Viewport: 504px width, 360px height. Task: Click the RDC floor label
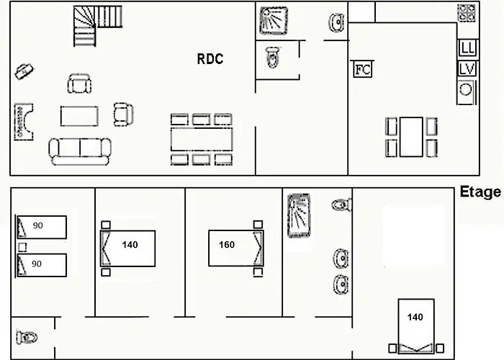(210, 59)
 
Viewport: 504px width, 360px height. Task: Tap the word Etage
(480, 192)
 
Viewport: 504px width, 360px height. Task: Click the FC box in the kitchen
(363, 69)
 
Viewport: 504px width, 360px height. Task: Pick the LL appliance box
(468, 48)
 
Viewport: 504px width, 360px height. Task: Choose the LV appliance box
(467, 69)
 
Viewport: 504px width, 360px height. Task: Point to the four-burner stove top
(467, 13)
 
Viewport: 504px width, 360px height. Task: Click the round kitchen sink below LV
(466, 90)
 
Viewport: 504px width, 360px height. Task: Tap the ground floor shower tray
(274, 21)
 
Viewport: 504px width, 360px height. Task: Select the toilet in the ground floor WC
(273, 57)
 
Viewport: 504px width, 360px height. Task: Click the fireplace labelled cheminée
(24, 122)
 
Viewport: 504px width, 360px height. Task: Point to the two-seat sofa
(80, 151)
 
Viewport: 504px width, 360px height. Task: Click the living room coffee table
(79, 116)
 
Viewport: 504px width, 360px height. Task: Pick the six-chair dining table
(202, 140)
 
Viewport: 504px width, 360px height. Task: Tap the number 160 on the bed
(227, 245)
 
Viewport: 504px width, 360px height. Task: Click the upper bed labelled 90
(42, 228)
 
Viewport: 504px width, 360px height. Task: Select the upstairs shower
(299, 215)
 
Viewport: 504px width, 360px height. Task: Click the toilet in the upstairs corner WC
(27, 338)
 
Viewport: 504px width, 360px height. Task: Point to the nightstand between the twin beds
(22, 247)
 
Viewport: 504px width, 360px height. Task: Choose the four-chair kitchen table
(411, 137)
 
